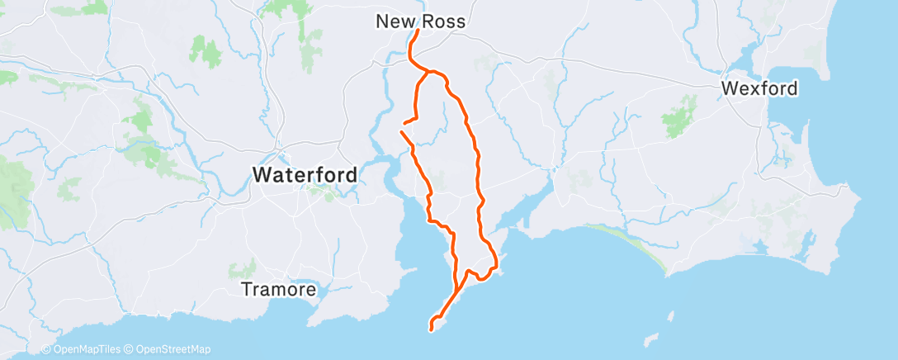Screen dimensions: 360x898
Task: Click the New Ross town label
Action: [420, 21]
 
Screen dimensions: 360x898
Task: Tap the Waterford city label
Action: [305, 175]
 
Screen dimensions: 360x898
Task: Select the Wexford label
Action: [759, 88]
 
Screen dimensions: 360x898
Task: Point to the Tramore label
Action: [278, 290]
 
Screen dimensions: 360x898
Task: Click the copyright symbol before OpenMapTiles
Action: [46, 349]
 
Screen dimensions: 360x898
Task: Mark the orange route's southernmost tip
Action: [432, 329]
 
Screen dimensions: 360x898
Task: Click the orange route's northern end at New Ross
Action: [418, 31]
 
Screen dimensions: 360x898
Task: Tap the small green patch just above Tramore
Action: [243, 268]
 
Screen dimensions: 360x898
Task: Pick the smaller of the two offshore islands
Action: [650, 339]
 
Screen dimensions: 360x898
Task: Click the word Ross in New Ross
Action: [446, 21]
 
